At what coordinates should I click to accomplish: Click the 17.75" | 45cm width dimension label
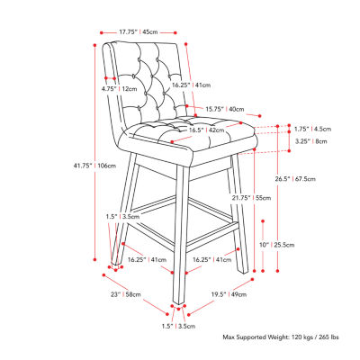click(x=138, y=32)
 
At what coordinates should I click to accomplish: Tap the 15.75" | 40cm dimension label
click(x=221, y=110)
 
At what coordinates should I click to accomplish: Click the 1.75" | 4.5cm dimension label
click(x=311, y=128)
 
